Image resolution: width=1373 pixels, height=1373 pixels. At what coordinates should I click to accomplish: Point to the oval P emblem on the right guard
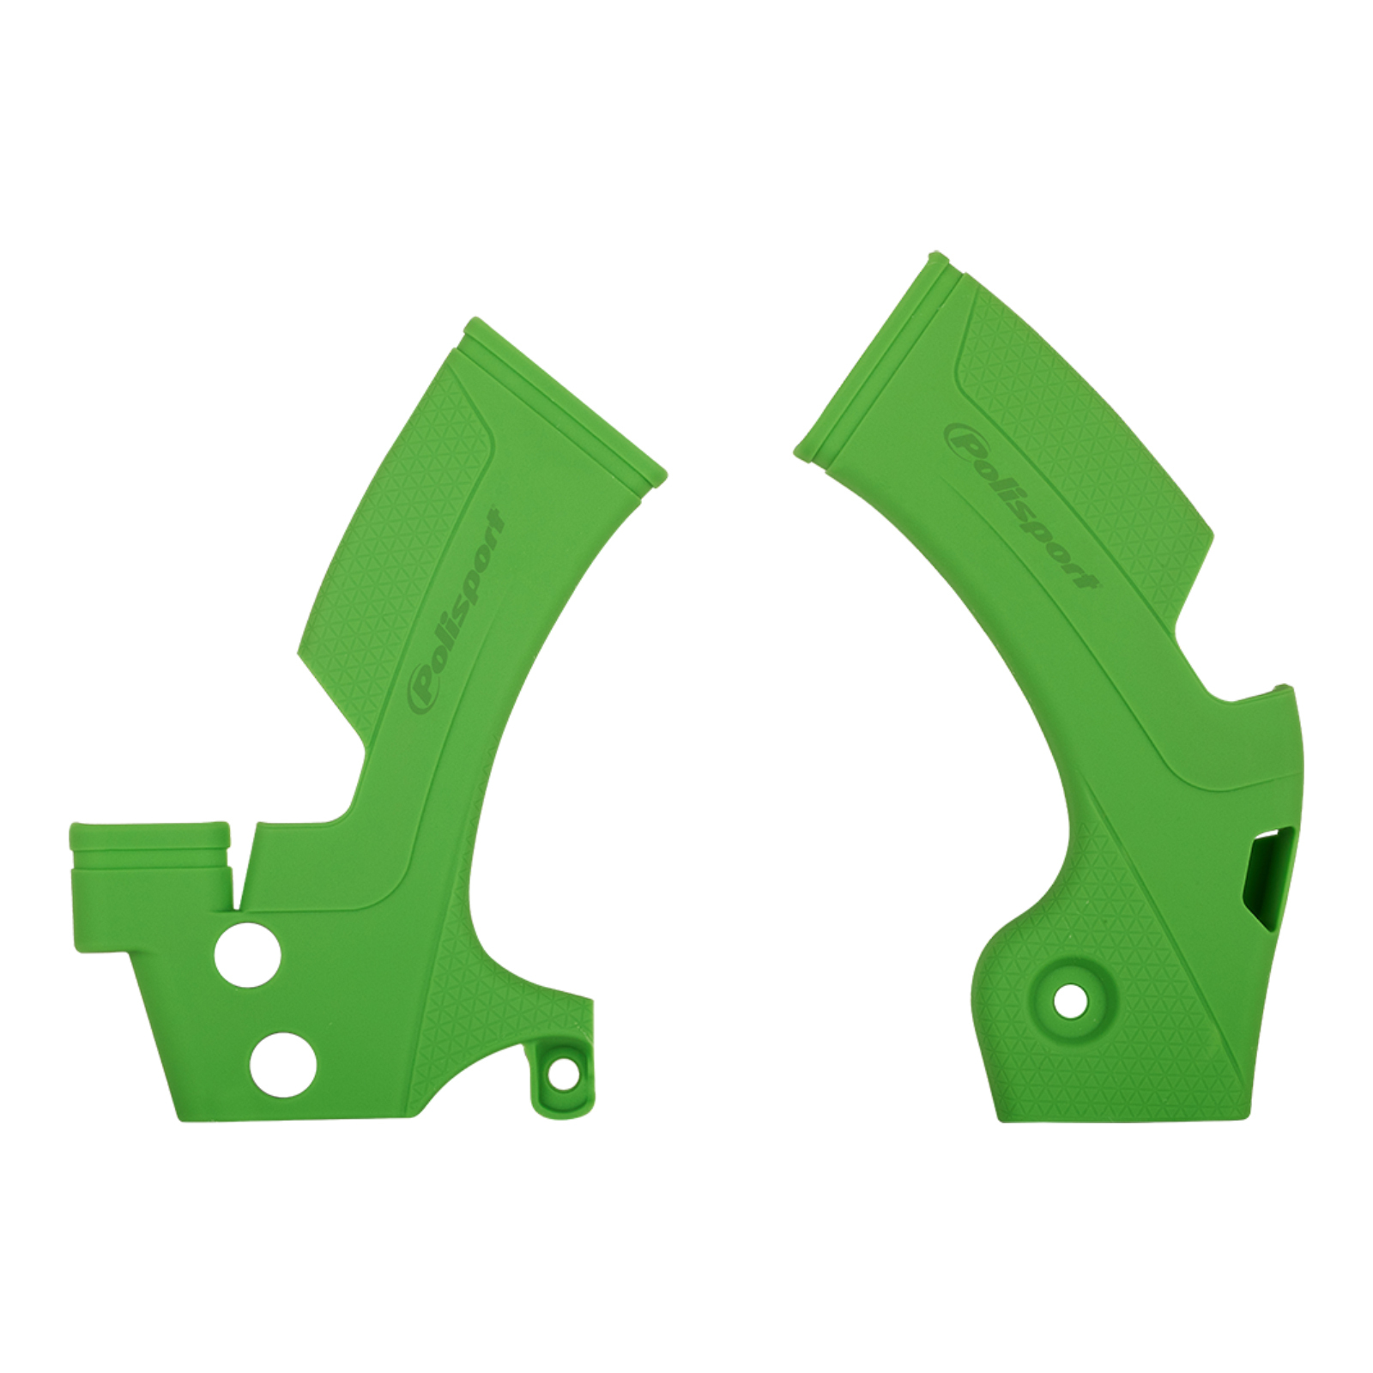coord(963,439)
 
